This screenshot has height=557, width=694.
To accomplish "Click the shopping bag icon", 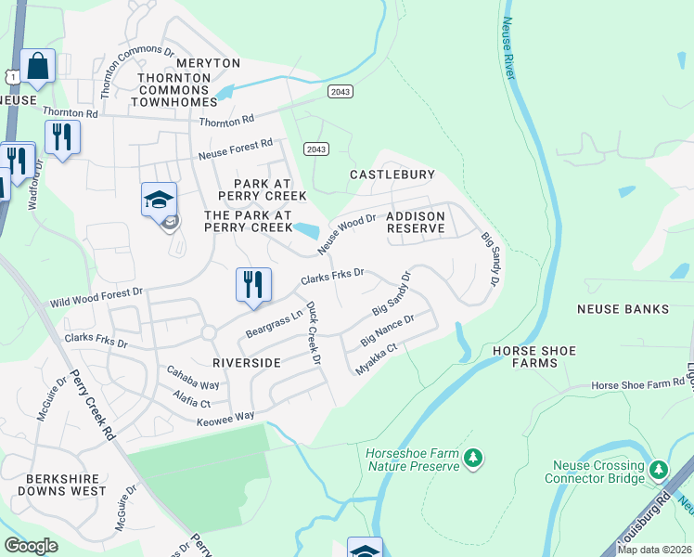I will (x=37, y=66).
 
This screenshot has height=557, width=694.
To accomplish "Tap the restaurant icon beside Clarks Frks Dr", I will (x=253, y=285).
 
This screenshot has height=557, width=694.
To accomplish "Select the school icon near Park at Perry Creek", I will (x=159, y=200).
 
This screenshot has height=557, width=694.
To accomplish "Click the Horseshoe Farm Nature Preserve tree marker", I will (x=473, y=459).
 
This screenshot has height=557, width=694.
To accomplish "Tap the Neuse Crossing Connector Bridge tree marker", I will (x=659, y=471).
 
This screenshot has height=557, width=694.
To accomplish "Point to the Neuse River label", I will (x=508, y=49).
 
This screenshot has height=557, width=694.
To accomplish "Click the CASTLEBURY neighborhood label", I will (x=392, y=175).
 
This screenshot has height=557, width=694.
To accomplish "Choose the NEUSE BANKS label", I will (x=623, y=308).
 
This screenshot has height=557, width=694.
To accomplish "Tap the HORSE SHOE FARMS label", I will (x=534, y=356).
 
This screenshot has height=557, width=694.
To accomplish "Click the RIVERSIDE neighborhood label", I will (x=246, y=362).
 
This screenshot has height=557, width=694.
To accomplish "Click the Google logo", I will (x=31, y=545).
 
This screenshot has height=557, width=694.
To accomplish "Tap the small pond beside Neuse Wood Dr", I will (x=307, y=229).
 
